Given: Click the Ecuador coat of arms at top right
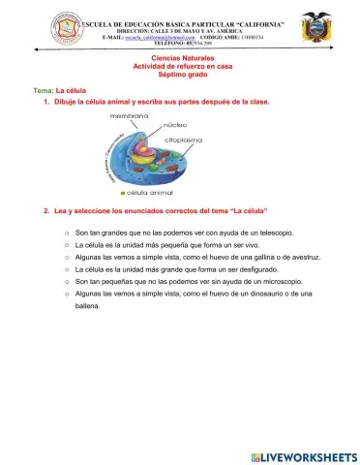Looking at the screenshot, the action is [x=315, y=28].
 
